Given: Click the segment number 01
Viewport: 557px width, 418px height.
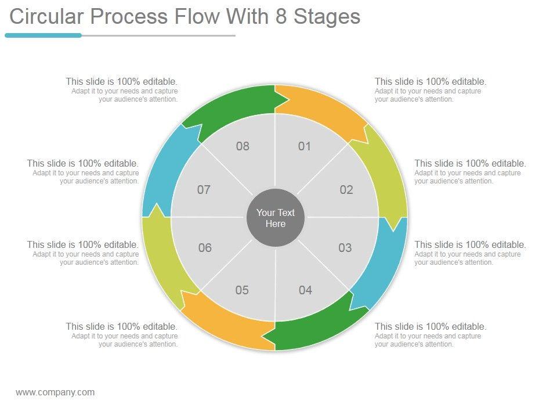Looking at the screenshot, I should tap(305, 146).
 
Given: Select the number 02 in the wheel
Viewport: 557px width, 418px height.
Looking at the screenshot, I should tap(346, 190).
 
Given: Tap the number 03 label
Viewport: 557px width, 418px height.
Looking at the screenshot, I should tap(345, 248).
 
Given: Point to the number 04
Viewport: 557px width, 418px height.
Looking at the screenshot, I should tap(305, 290).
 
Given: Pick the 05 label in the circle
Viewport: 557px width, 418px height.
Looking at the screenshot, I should tap(242, 290).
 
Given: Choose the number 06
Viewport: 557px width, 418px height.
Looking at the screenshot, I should tap(205, 248).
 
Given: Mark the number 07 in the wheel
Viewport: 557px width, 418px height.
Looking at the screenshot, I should tap(204, 190).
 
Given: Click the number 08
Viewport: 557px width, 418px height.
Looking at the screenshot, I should tap(243, 146).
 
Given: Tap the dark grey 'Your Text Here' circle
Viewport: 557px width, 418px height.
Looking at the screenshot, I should tap(276, 218).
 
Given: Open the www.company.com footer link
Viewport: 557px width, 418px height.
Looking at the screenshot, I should tap(55, 392).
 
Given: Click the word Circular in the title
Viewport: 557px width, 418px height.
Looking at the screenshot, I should tap(46, 17).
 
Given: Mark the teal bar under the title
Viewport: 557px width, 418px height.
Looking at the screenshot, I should tap(44, 35).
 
